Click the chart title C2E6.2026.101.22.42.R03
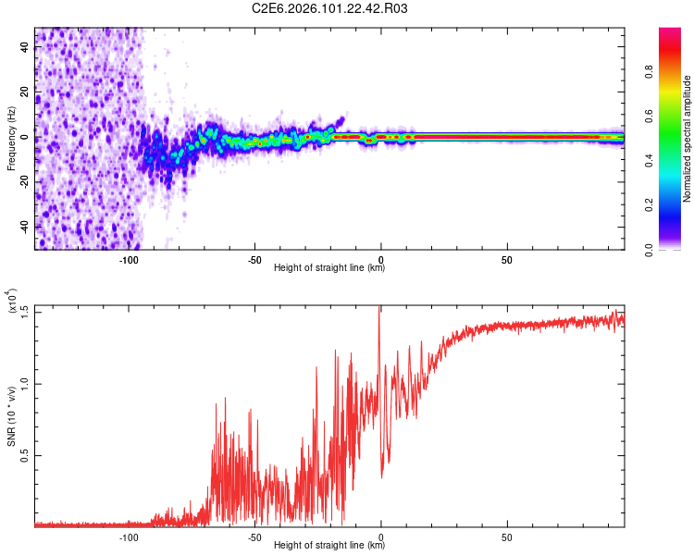[x=329, y=9]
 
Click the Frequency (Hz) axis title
[x=12, y=138]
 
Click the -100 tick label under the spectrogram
[x=129, y=259]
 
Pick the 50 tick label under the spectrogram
[x=507, y=259]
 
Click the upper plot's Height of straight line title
[x=329, y=268]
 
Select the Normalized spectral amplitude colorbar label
[x=688, y=139]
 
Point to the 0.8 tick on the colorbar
[x=675, y=72]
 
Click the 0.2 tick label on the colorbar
[x=675, y=205]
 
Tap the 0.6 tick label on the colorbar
[x=675, y=117]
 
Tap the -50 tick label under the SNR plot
[x=254, y=536]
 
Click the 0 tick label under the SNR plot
[x=381, y=536]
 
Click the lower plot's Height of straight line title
[x=329, y=546]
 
